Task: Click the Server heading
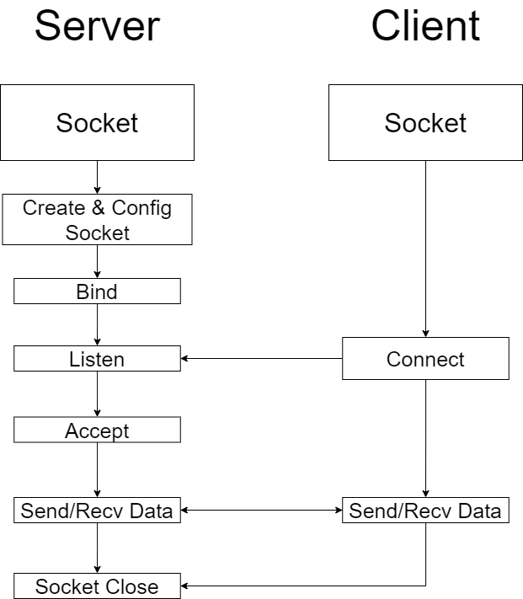pos(98,26)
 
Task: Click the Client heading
pos(425,26)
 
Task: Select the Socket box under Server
pos(98,123)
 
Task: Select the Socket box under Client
pos(425,123)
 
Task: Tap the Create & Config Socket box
pos(98,220)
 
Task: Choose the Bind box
pos(98,291)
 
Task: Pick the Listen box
pos(98,358)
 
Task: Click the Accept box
pos(98,430)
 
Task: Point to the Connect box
pos(425,358)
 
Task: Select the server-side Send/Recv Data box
pos(98,510)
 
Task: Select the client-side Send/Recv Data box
pos(425,510)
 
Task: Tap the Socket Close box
pos(98,586)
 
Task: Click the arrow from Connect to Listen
pos(261,358)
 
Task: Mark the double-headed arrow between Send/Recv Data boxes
pos(261,510)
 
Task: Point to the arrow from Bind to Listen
pos(98,324)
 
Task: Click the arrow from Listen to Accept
pos(98,394)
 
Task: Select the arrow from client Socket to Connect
pos(425,249)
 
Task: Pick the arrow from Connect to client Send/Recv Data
pos(425,439)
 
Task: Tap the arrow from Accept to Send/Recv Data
pos(98,470)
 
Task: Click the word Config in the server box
pos(141,209)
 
